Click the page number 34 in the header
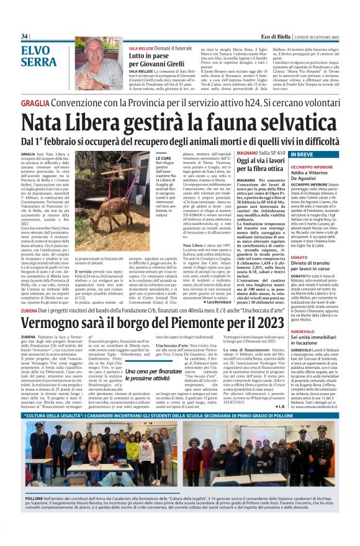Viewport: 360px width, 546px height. coord(25,37)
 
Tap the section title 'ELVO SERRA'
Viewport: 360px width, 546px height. coord(39,56)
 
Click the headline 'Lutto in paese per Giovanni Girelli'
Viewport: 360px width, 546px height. coord(155,61)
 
